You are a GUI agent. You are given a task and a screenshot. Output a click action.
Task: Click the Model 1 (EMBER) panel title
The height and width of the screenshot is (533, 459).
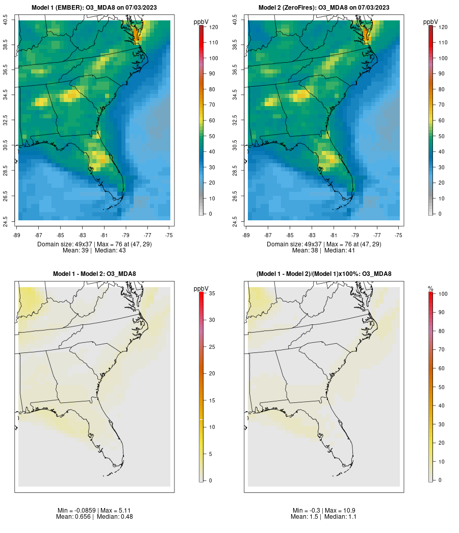[94, 7]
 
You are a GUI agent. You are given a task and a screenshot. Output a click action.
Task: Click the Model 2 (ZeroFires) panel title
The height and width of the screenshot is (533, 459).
[324, 7]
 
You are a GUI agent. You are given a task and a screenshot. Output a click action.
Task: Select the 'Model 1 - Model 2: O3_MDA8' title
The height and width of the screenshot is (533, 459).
[94, 274]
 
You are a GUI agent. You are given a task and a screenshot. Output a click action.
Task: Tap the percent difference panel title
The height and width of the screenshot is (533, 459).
[324, 274]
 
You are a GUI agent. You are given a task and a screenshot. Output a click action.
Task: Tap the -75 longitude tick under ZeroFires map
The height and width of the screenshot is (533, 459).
[399, 235]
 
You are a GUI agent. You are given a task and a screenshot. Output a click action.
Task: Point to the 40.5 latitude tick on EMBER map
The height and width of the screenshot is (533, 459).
[6, 20]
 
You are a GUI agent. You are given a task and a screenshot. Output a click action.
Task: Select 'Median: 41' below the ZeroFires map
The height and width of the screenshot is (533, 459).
[340, 250]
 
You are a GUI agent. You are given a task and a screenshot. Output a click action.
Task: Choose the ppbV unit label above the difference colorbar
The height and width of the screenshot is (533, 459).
[201, 289]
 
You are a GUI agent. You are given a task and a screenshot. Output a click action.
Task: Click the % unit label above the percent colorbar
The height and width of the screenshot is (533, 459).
[430, 289]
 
